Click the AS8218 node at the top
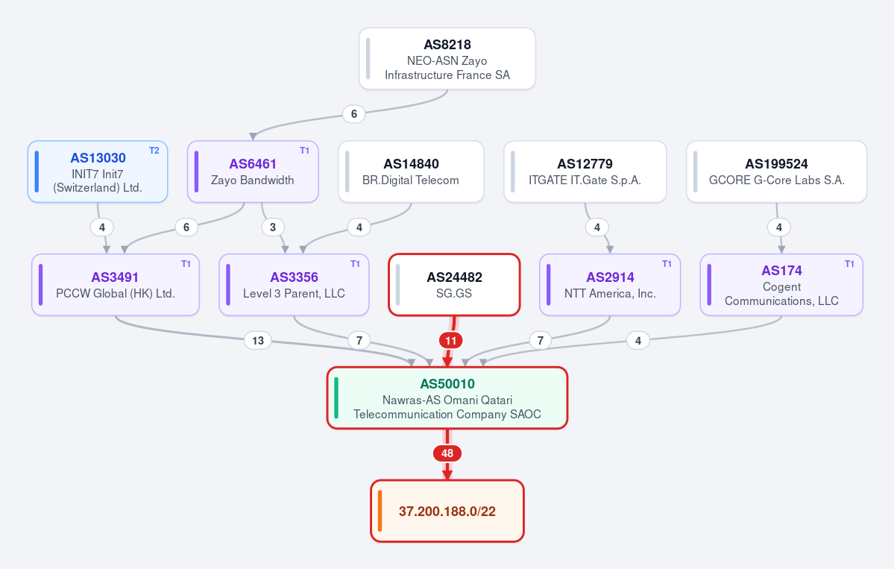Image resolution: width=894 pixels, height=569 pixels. pyautogui.click(x=447, y=59)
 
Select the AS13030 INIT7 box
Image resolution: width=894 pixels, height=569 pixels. pyautogui.click(x=98, y=172)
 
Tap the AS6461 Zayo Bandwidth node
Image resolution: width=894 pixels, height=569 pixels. pyautogui.click(x=253, y=172)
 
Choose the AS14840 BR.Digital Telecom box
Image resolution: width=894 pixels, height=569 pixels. pyautogui.click(x=411, y=172)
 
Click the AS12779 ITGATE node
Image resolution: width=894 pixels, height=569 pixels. pyautogui.click(x=585, y=172)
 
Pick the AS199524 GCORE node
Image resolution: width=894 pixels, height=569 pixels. pyautogui.click(x=776, y=172)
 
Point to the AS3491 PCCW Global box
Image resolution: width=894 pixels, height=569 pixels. pyautogui.click(x=115, y=285)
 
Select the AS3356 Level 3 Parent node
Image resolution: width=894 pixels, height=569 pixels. pyautogui.click(x=295, y=285)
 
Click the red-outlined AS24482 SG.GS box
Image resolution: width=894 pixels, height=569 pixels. pyautogui.click(x=454, y=285)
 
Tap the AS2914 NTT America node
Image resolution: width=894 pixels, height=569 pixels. pyautogui.click(x=610, y=285)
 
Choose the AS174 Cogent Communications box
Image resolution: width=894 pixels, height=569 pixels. pyautogui.click(x=781, y=285)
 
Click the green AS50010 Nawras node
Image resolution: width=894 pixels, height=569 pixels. pyautogui.click(x=447, y=397)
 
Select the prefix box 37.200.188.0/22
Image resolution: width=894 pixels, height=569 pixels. pyautogui.click(x=447, y=511)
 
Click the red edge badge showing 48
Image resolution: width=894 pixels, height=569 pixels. pyautogui.click(x=447, y=453)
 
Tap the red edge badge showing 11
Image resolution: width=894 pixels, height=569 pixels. pyautogui.click(x=451, y=341)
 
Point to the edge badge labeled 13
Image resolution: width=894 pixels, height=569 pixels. pyautogui.click(x=258, y=341)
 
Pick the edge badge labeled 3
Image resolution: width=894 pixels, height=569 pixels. pyautogui.click(x=273, y=227)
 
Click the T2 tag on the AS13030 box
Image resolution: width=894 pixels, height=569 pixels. pyautogui.click(x=154, y=151)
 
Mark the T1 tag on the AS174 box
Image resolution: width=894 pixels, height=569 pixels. pyautogui.click(x=849, y=263)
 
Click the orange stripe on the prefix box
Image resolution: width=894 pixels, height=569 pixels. pyautogui.click(x=380, y=511)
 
